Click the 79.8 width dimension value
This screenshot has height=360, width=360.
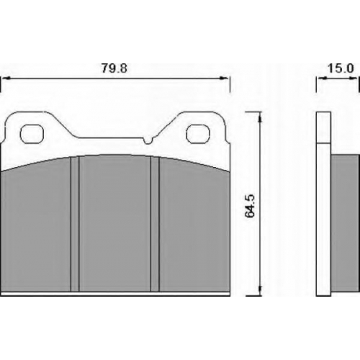(114, 68)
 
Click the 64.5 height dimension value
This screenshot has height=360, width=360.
(250, 206)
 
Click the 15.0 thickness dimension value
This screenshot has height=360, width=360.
(341, 68)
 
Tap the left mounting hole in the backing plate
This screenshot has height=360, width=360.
(32, 134)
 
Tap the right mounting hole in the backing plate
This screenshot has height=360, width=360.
(198, 134)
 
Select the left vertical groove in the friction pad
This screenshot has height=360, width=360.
(75, 224)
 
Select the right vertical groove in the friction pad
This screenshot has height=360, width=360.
(155, 224)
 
